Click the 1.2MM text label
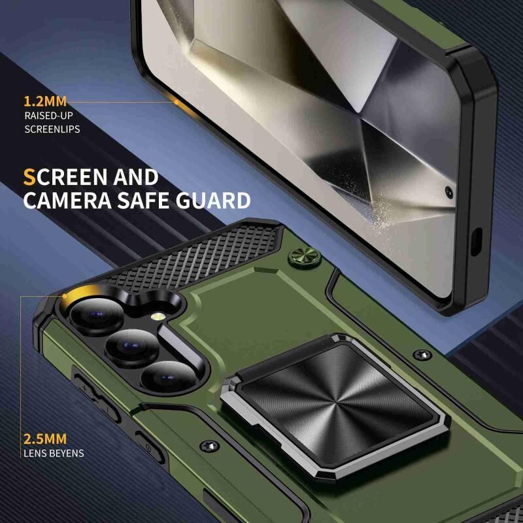45,101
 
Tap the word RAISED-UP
48,116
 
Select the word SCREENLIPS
52,129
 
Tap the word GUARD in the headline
213,201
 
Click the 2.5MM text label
45,439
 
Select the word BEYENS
68,453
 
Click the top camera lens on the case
97,315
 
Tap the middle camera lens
132,347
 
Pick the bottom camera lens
169,377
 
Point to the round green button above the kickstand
304,258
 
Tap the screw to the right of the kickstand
422,355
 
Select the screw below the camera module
209,446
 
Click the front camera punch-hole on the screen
449,192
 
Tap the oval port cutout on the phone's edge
477,242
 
